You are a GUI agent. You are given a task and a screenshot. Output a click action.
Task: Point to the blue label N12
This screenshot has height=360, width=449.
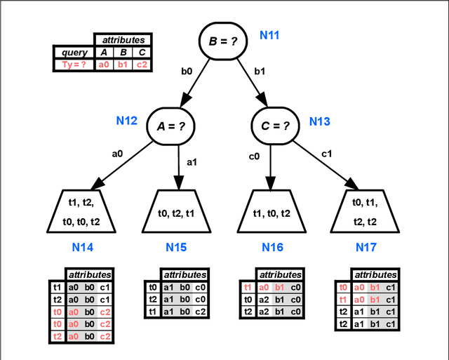(128, 121)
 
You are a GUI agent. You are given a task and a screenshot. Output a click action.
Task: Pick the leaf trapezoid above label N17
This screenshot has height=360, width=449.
(365, 213)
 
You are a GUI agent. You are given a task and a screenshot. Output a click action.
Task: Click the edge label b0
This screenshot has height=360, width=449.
(187, 70)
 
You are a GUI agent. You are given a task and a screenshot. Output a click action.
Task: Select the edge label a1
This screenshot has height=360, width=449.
(192, 162)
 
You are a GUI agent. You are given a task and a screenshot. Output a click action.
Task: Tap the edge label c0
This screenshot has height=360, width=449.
(254, 156)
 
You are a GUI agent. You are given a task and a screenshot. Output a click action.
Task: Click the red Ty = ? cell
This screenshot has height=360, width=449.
(74, 65)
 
